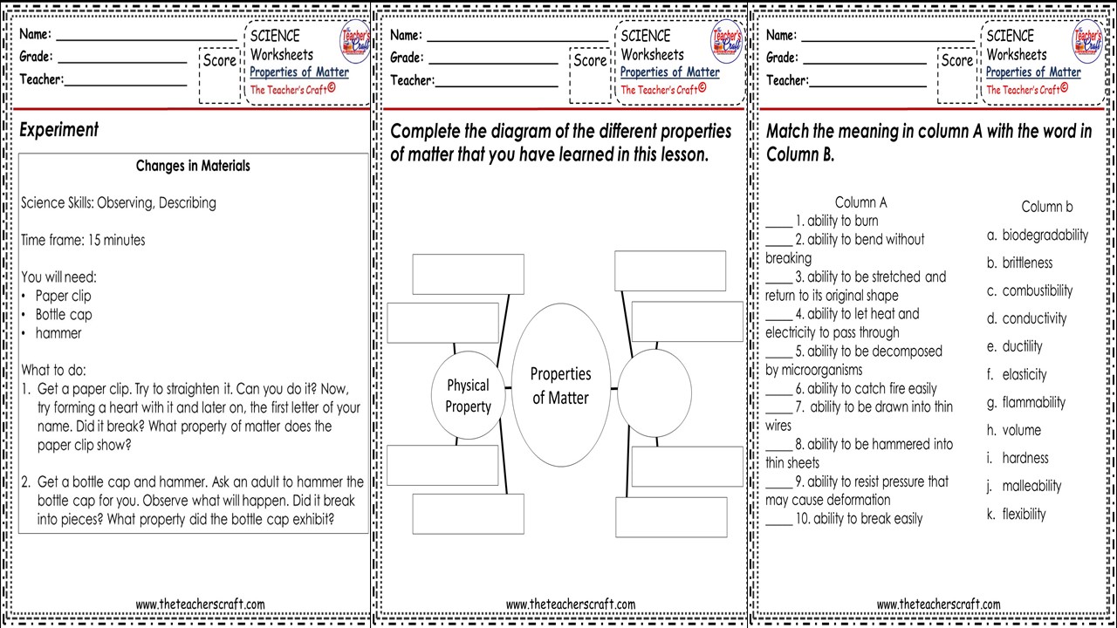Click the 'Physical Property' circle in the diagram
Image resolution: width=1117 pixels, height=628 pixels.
(468, 395)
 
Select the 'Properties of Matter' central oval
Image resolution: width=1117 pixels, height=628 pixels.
(560, 386)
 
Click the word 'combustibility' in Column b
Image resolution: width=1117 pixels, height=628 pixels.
(1037, 290)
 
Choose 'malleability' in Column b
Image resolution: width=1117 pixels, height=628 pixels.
(1031, 486)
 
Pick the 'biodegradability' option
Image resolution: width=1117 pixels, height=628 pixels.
(1045, 235)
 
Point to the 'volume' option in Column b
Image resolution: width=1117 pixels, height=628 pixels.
(1021, 430)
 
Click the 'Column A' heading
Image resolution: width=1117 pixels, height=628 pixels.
(860, 202)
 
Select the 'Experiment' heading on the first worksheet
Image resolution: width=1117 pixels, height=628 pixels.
(59, 130)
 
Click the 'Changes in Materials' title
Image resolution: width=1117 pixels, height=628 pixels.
(193, 166)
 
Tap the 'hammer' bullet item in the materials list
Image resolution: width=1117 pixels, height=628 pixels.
(58, 333)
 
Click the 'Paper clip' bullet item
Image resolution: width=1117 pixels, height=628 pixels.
(63, 296)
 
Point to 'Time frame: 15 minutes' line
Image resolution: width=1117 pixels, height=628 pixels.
(83, 240)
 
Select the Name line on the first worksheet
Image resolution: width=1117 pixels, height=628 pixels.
(147, 38)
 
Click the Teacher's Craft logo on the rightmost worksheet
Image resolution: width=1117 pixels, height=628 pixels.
(1087, 41)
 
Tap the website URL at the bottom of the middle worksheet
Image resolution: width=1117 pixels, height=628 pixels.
(571, 604)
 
